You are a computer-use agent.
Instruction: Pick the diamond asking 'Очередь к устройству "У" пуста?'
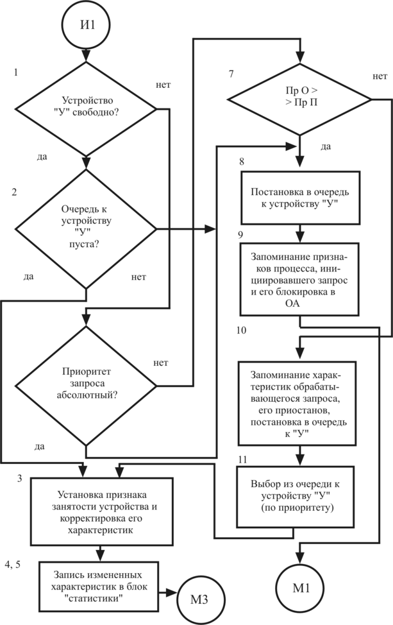click(x=87, y=228)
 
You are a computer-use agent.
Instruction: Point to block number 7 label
click(x=231, y=73)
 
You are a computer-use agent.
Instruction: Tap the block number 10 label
click(x=241, y=332)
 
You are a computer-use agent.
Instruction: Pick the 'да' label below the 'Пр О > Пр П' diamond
click(x=325, y=147)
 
